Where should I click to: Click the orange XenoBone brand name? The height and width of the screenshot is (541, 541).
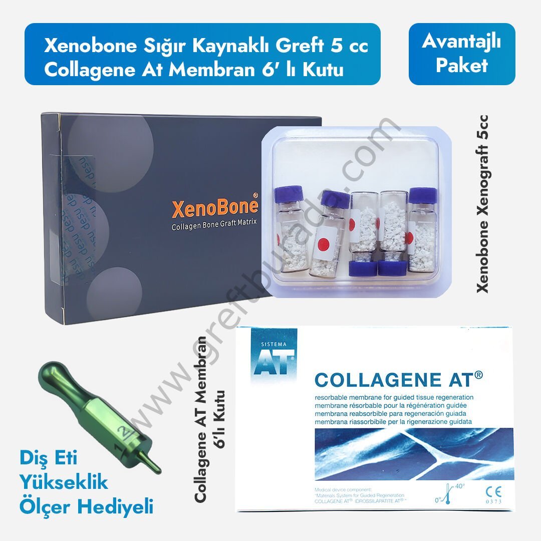(215, 207)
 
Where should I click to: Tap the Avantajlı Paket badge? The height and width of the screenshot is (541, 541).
(461, 54)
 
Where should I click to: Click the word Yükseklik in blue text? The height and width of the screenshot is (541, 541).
(64, 482)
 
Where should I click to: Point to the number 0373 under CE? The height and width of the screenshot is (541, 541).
(493, 501)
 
